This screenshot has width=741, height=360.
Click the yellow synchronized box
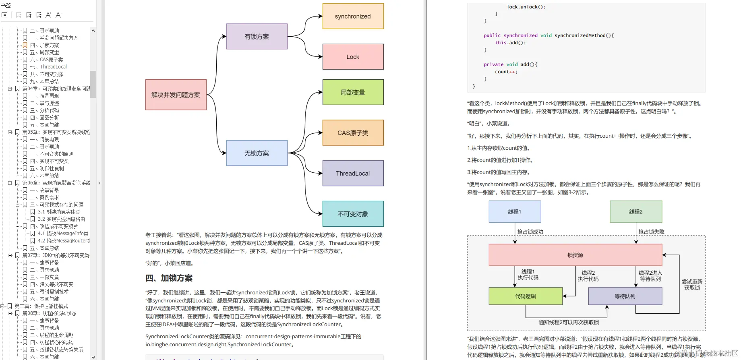point(353,16)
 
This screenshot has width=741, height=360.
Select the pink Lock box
point(353,57)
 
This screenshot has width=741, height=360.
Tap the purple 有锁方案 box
point(257,37)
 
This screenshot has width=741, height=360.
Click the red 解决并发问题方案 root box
point(176,95)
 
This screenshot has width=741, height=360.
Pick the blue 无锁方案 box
point(257,153)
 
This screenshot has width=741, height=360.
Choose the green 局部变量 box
point(353,92)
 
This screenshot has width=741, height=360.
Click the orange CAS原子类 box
point(353,133)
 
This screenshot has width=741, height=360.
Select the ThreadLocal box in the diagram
point(353,173)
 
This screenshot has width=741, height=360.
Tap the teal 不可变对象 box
point(353,214)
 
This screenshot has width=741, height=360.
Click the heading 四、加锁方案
point(169,278)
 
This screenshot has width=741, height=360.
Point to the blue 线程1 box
point(514,212)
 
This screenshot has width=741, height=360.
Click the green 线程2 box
point(635,212)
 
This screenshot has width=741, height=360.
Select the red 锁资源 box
point(575,255)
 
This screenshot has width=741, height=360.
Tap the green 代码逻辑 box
point(525,296)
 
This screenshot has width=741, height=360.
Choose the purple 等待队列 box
point(625,296)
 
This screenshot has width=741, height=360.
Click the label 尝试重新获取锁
point(691,284)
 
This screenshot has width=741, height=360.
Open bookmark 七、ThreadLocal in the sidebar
point(53,67)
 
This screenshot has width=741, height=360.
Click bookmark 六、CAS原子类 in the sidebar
point(51,60)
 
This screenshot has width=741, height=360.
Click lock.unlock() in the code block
point(526,7)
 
